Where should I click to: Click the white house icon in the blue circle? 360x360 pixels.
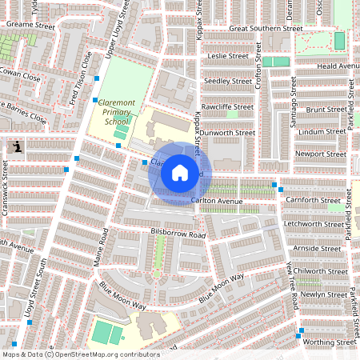180,173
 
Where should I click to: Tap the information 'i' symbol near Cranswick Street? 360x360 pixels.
18,147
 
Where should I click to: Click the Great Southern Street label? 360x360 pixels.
266,28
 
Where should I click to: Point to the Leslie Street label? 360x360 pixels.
228,56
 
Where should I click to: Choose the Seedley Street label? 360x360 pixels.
227,82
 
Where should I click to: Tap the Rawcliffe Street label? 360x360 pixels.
227,107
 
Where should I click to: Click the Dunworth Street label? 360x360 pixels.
227,133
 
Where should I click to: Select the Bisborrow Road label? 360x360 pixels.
178,234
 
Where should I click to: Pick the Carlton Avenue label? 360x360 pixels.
217,201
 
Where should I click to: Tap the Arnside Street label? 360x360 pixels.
317,249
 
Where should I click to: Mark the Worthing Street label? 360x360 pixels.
325,342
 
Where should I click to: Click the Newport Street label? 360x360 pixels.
320,154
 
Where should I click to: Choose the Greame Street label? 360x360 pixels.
29,24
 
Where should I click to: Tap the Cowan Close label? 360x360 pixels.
21,77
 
